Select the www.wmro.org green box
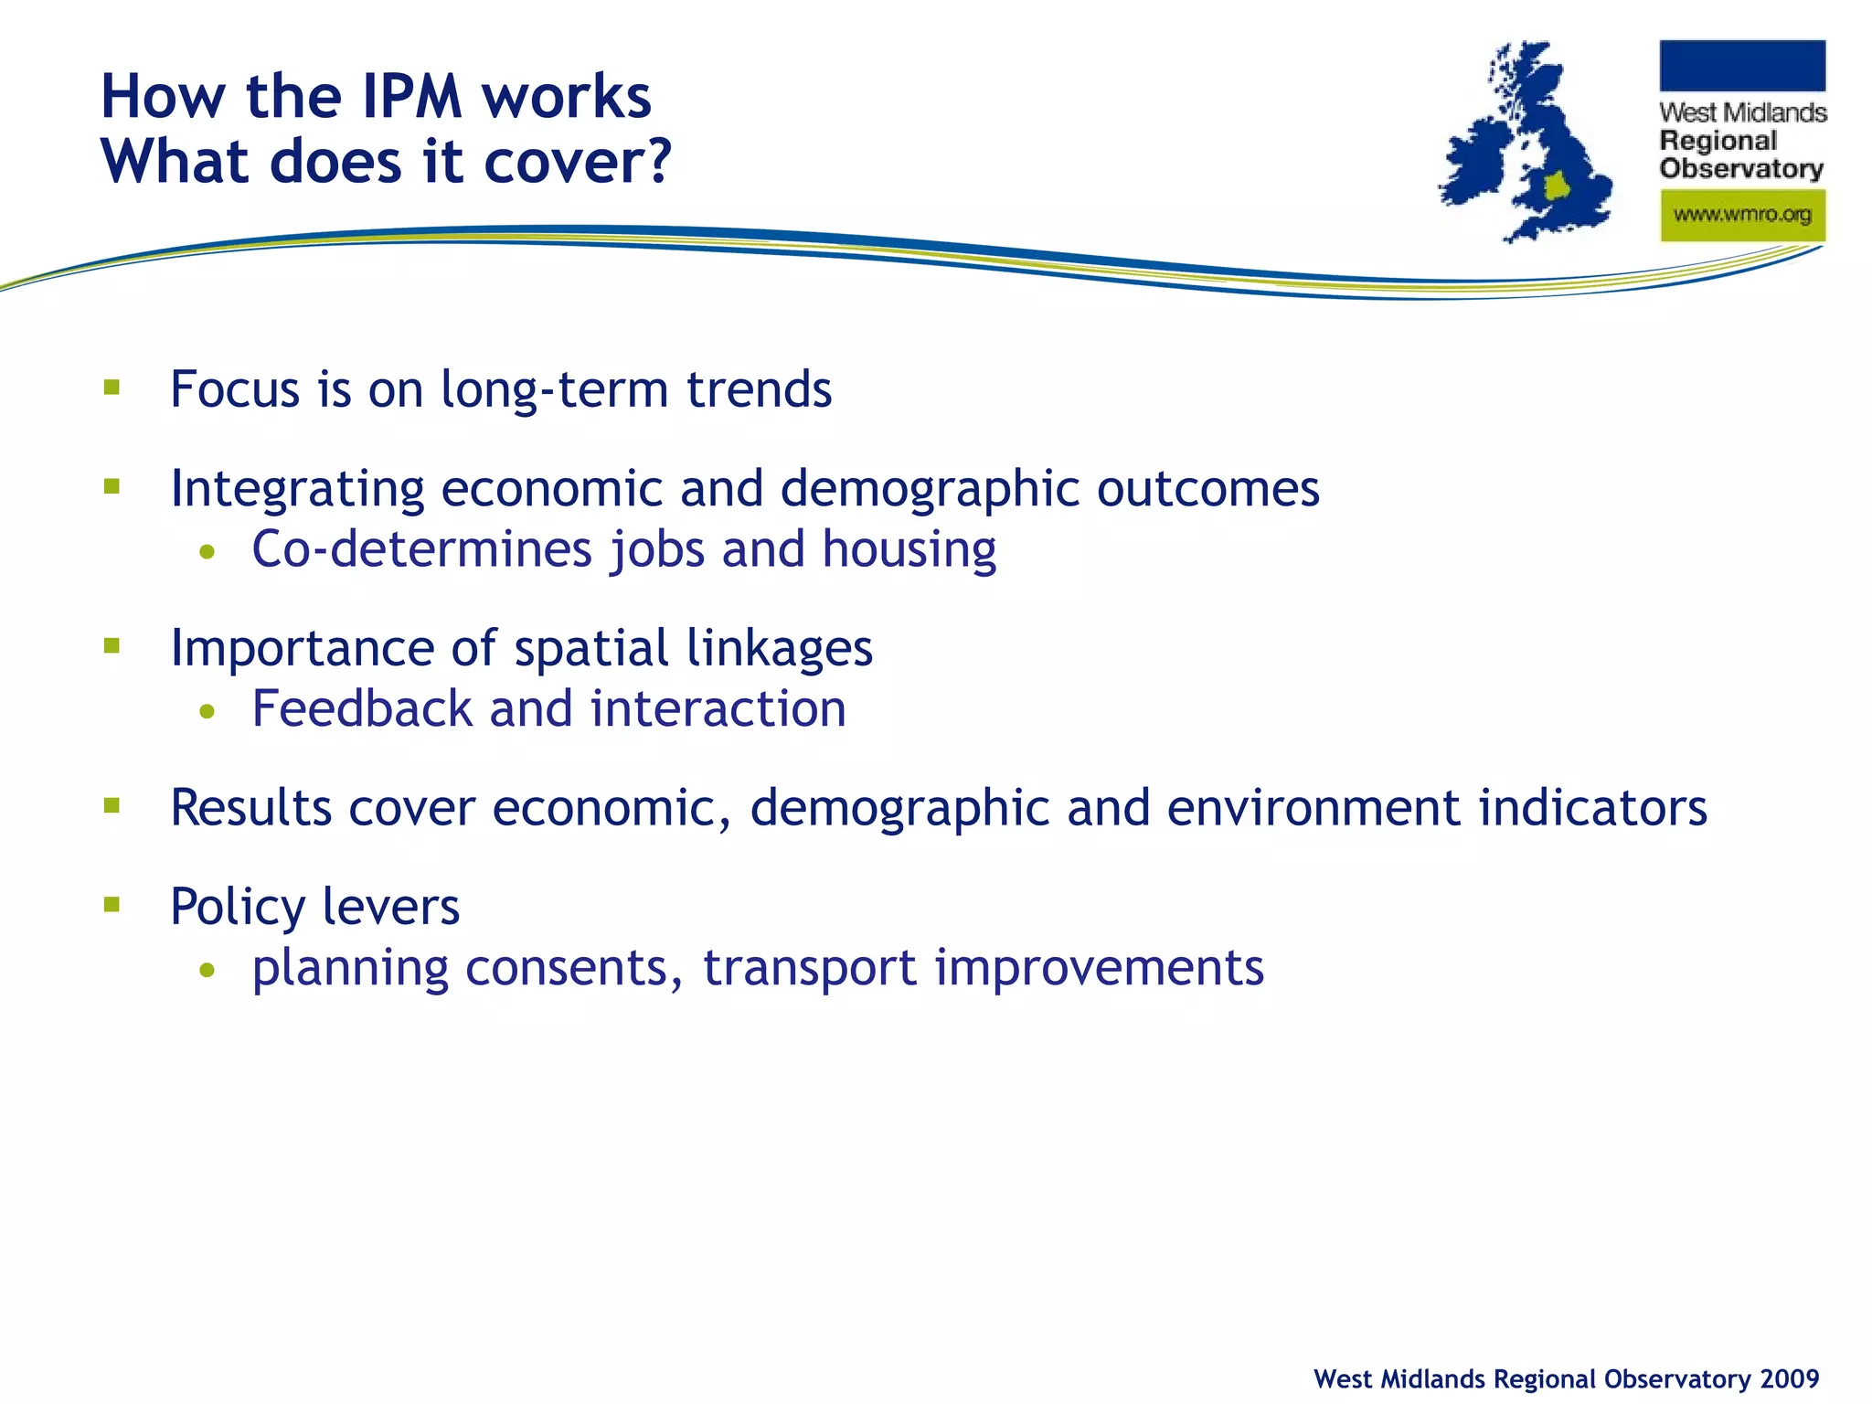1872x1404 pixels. [x=1742, y=216]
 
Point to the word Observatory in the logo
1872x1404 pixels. [x=1741, y=169]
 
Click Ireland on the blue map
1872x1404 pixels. [x=1474, y=165]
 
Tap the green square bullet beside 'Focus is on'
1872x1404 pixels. [x=112, y=388]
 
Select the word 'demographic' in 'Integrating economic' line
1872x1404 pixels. [x=930, y=489]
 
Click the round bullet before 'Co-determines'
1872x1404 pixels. [x=208, y=551]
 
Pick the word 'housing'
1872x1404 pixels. [x=909, y=550]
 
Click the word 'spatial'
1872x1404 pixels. [x=591, y=649]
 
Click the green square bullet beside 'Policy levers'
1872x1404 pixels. [x=112, y=905]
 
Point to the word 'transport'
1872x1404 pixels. [x=809, y=969]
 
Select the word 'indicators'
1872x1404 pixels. [x=1592, y=808]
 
